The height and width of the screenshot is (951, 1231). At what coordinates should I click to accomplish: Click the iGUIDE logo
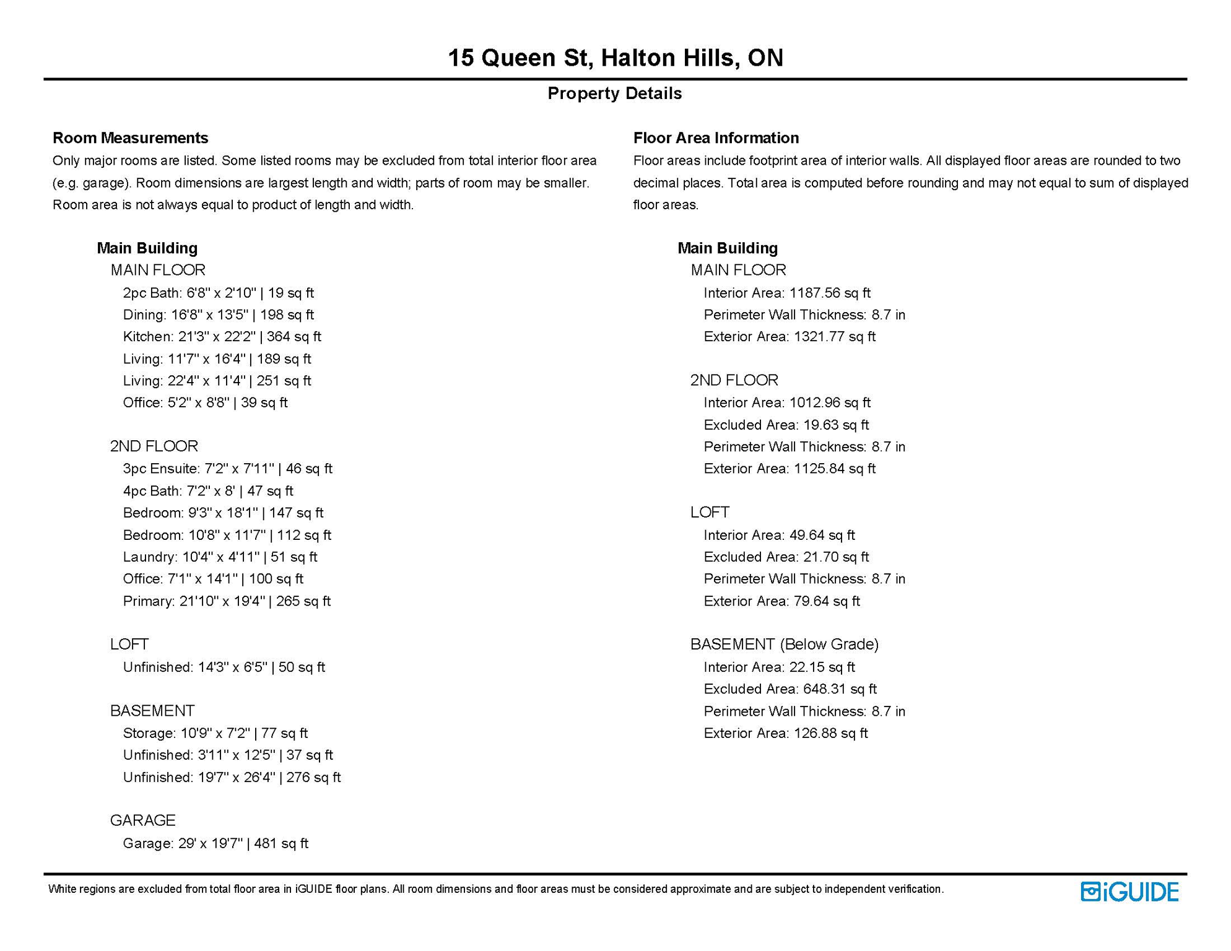click(x=1129, y=892)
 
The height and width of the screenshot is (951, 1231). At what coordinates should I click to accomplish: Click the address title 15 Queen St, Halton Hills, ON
click(x=615, y=58)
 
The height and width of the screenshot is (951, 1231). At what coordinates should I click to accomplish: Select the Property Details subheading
click(x=614, y=93)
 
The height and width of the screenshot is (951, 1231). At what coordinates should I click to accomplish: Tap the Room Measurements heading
click(x=130, y=137)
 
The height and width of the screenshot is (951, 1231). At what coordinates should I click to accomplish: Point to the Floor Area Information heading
click(x=716, y=137)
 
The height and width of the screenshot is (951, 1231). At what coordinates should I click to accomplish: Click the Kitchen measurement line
click(x=222, y=337)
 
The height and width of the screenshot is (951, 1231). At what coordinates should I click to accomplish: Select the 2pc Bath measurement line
click(x=218, y=293)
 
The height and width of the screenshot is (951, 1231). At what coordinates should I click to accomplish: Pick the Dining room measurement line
click(x=218, y=315)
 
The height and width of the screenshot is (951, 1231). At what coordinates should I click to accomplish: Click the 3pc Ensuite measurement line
click(x=227, y=469)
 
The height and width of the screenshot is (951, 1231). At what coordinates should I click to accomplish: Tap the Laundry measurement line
click(x=220, y=557)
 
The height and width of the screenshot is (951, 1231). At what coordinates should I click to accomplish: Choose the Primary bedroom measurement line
click(x=227, y=601)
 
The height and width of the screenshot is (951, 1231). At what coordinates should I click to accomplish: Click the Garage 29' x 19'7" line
click(x=215, y=843)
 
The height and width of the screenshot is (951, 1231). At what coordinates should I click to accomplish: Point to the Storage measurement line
click(x=215, y=733)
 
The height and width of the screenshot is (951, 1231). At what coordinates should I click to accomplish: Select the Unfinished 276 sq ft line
click(x=232, y=777)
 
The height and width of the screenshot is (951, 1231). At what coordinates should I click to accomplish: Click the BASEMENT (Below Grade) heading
click(x=784, y=645)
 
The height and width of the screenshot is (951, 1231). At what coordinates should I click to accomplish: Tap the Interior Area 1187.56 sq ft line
click(x=786, y=293)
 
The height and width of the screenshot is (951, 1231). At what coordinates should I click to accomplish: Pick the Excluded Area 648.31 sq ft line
click(x=789, y=689)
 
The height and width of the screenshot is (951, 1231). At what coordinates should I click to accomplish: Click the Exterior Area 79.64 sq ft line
click(x=781, y=601)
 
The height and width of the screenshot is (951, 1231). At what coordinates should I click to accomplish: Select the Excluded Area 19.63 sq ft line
click(x=786, y=425)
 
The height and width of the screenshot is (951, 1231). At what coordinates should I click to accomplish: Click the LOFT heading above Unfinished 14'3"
click(x=129, y=645)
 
